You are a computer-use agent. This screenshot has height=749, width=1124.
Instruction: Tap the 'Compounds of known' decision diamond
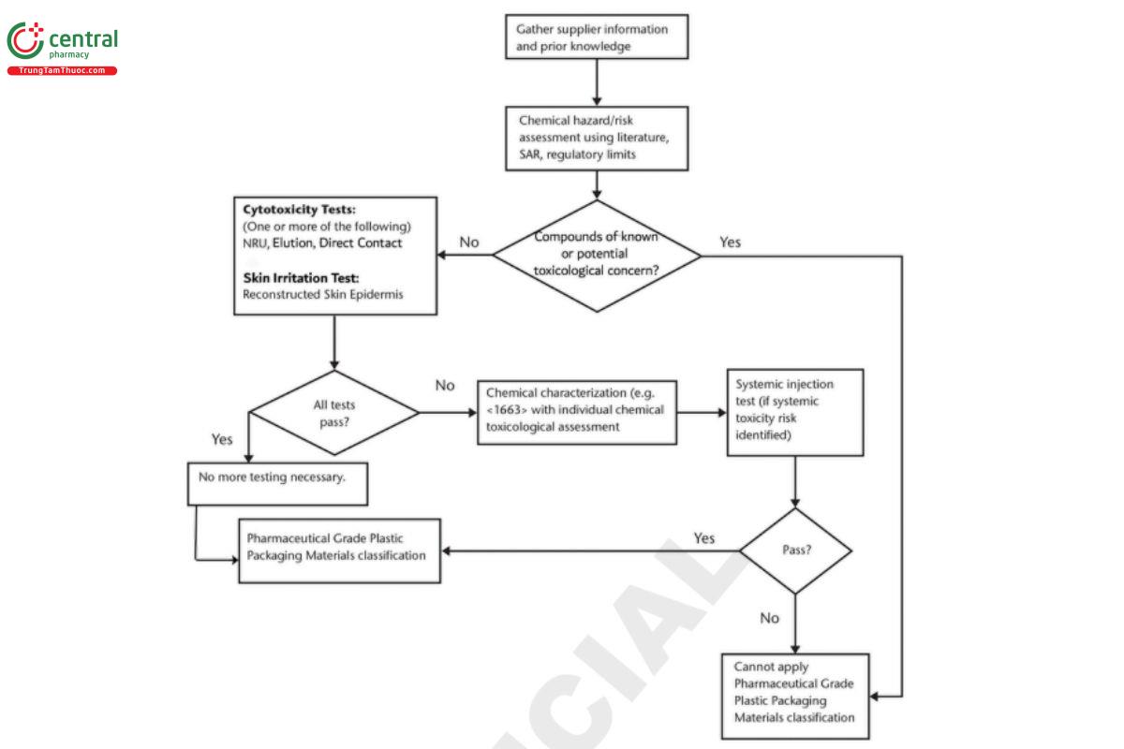click(x=597, y=254)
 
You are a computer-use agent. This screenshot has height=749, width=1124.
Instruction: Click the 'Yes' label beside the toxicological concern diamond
click(x=730, y=242)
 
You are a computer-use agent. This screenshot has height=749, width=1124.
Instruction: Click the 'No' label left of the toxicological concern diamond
click(x=469, y=242)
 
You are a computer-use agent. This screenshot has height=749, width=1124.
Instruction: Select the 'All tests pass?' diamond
click(x=333, y=412)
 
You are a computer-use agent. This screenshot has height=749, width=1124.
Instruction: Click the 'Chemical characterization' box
click(x=576, y=411)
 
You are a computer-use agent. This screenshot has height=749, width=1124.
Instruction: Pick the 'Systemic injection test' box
click(x=795, y=412)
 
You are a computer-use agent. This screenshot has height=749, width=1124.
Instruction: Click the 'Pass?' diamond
click(x=795, y=551)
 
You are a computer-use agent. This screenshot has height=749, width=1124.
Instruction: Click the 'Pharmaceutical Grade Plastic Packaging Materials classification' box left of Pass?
click(x=339, y=550)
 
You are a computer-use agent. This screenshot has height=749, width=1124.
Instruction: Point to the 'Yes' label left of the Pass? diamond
click(x=704, y=538)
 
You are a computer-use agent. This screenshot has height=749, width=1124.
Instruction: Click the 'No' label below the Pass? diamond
click(x=770, y=618)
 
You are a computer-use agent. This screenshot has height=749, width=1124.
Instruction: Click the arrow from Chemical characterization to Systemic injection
click(x=702, y=412)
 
